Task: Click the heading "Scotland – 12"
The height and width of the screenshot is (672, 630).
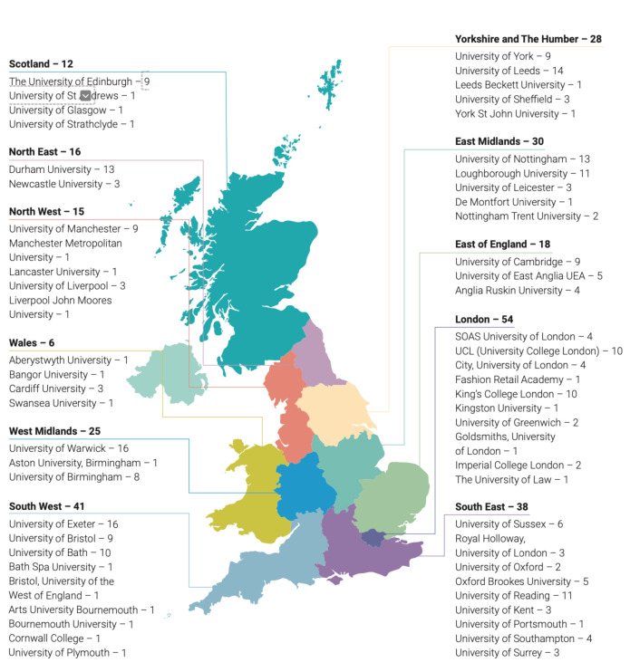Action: tap(41, 64)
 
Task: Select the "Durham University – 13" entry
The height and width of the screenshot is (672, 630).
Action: tap(62, 169)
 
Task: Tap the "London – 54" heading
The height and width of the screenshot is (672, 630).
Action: tap(484, 321)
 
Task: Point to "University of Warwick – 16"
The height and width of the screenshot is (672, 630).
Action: tap(68, 448)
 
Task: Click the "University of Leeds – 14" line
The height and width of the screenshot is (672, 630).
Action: tap(509, 71)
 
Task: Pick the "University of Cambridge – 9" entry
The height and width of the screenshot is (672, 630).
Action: tap(517, 262)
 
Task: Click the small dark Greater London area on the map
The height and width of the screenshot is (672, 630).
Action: tap(372, 538)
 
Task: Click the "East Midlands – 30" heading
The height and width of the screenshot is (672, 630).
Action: tap(499, 142)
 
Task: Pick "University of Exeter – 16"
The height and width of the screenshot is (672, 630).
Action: tap(63, 524)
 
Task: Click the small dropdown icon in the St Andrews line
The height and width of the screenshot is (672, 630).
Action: tap(85, 95)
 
